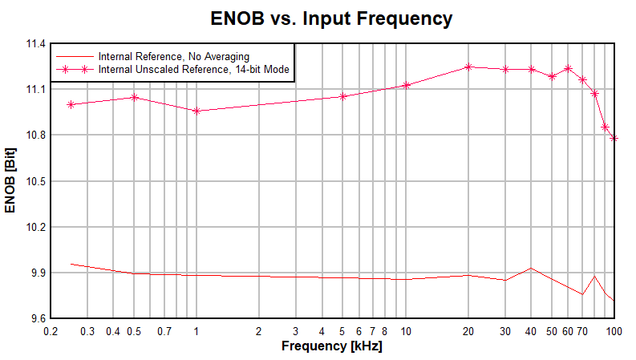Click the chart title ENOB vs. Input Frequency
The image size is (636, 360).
331,18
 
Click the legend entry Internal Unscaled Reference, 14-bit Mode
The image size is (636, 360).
193,70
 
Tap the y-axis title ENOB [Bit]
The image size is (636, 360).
10,180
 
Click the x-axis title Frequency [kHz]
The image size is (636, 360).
331,346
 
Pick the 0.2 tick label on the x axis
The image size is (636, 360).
51,331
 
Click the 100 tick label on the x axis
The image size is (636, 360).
614,331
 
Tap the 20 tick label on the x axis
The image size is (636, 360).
468,331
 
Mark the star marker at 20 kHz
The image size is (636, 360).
469,67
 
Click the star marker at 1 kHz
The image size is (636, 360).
196,111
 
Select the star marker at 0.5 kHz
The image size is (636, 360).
134,97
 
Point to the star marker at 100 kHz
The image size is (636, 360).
614,138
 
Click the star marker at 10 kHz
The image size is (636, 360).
407,85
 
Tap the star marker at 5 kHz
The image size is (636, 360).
343,96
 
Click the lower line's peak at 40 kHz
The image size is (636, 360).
531,269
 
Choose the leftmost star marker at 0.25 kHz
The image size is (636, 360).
71,104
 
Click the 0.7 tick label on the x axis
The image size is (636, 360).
164,331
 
